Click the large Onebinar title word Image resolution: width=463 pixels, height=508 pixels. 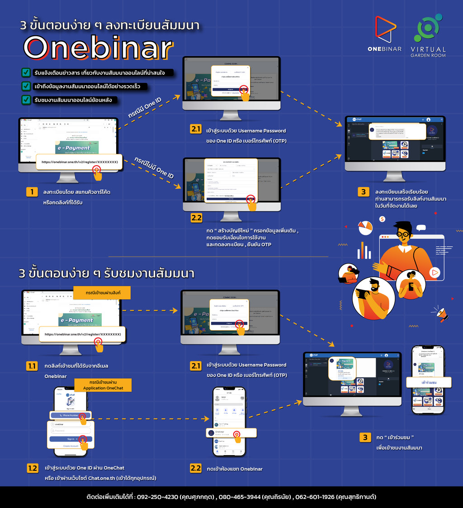click(x=99, y=47)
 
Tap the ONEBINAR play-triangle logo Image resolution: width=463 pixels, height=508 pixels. click(x=385, y=30)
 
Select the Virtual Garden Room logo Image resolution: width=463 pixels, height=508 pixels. click(x=428, y=30)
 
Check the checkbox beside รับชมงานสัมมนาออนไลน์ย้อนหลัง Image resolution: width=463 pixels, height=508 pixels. click(x=26, y=100)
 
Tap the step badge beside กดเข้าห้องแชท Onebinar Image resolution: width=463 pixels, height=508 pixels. click(x=196, y=468)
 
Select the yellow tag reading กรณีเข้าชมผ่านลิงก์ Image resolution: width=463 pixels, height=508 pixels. click(x=102, y=292)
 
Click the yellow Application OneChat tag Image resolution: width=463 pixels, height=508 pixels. click(x=100, y=385)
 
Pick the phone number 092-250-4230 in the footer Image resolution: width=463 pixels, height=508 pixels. click(x=157, y=497)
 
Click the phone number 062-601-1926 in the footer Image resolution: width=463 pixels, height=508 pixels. click(x=315, y=497)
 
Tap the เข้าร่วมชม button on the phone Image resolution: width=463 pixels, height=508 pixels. click(x=429, y=383)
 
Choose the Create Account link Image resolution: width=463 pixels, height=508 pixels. click(x=71, y=446)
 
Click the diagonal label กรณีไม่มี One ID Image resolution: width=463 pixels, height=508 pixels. click(x=154, y=168)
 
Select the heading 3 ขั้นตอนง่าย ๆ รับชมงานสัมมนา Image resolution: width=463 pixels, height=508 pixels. click(x=107, y=273)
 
